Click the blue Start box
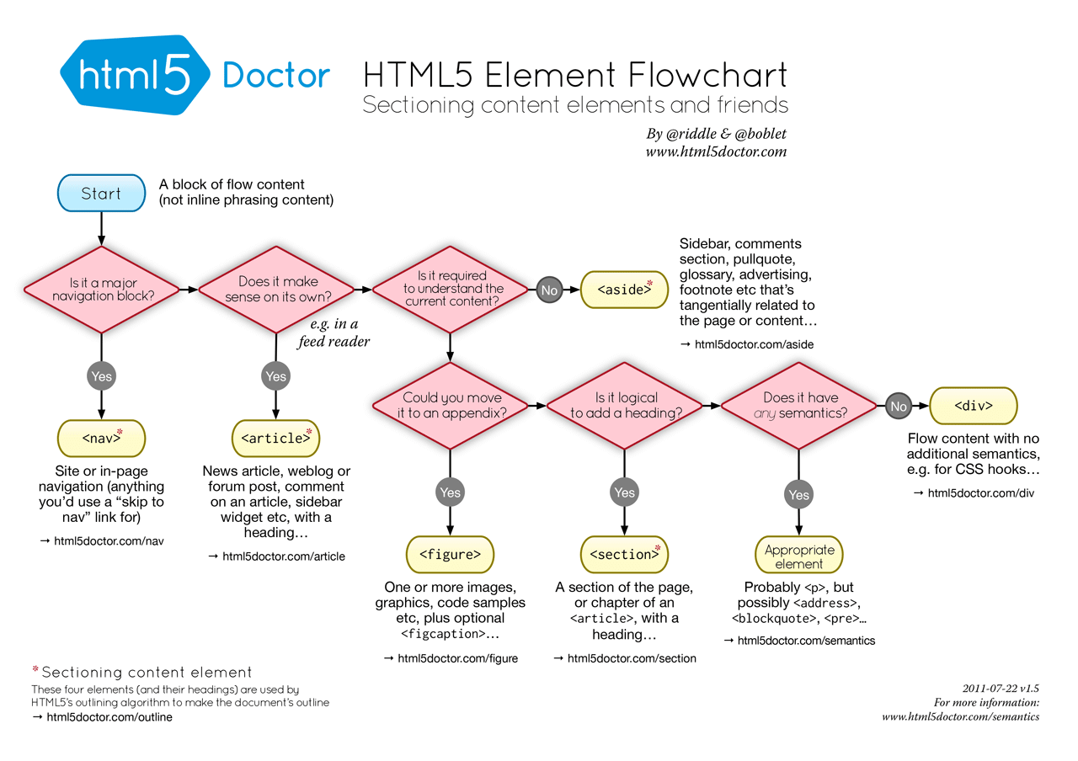click(x=101, y=194)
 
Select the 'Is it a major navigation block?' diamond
click(x=101, y=290)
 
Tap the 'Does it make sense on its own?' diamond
click(x=276, y=290)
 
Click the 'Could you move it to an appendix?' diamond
click(x=451, y=406)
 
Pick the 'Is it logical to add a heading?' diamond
click(x=624, y=406)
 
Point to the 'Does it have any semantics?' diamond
click(x=798, y=406)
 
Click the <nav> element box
click(x=101, y=438)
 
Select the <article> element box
click(x=275, y=438)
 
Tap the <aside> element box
click(x=624, y=290)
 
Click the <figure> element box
click(x=450, y=555)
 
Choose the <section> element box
click(x=624, y=555)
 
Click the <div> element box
click(x=973, y=406)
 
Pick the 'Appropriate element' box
click(x=798, y=556)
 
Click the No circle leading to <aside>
click(x=549, y=290)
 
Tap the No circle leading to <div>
click(x=898, y=407)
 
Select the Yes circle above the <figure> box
click(x=450, y=492)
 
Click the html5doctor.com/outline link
click(x=109, y=717)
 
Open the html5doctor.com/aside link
click(x=754, y=344)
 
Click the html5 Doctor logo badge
click(x=135, y=76)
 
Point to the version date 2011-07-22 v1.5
click(x=1001, y=688)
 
